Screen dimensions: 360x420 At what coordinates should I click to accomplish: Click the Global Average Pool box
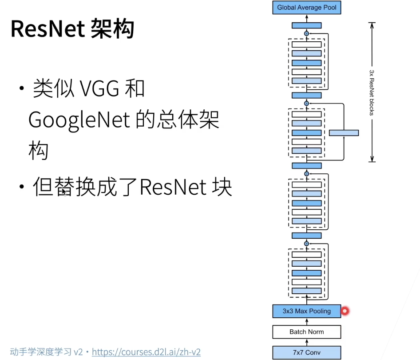(307, 8)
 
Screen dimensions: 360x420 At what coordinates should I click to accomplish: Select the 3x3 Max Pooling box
(307, 311)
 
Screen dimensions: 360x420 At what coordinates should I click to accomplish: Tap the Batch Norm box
(307, 332)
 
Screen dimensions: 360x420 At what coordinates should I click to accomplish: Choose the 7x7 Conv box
(307, 352)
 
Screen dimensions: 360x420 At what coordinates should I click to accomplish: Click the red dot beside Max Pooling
(345, 311)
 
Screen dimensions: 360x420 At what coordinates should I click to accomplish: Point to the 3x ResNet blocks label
(372, 92)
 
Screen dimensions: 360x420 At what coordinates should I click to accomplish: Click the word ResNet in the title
(47, 29)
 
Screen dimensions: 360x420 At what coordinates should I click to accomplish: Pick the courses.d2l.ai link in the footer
(146, 352)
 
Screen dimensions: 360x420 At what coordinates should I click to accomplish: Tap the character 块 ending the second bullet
(222, 188)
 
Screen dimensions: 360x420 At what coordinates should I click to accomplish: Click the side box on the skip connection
(344, 133)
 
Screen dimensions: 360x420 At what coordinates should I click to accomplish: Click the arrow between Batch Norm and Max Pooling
(307, 321)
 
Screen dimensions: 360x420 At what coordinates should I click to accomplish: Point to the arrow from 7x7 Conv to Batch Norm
(307, 342)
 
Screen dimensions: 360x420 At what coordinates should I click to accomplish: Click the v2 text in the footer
(78, 352)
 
